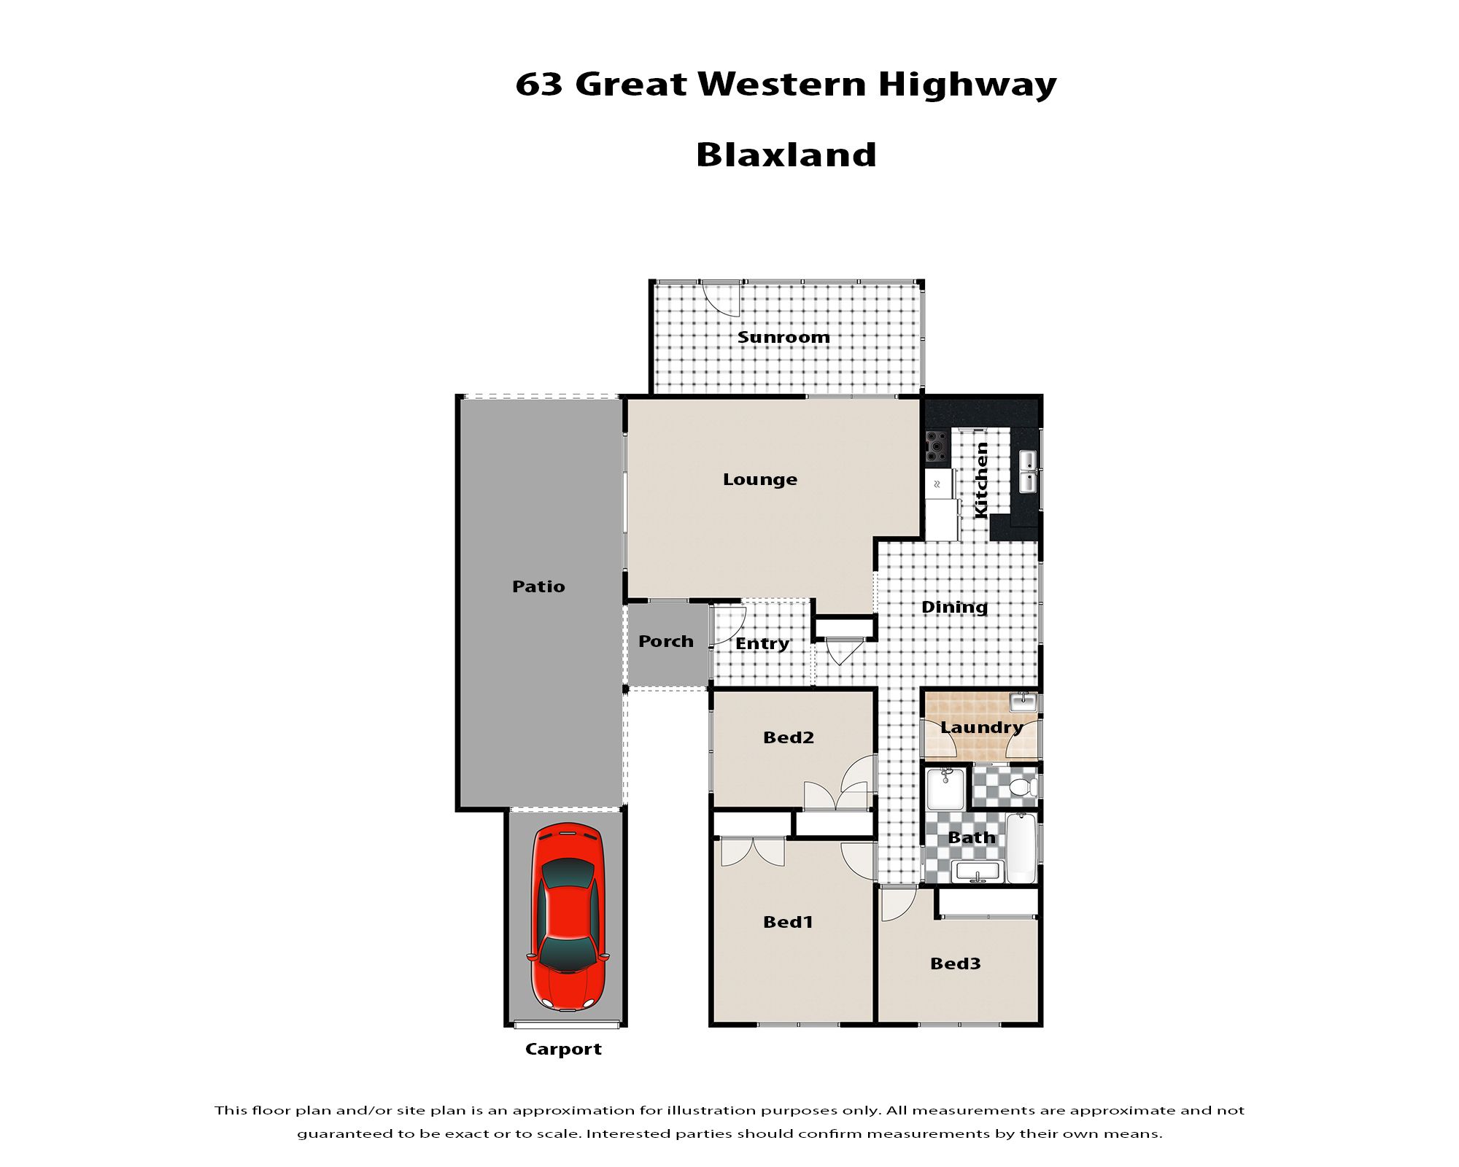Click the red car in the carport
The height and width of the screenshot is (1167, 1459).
pyautogui.click(x=568, y=917)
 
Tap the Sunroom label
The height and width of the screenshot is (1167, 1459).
pyautogui.click(x=783, y=337)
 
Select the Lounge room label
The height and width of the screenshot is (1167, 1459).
pyautogui.click(x=760, y=479)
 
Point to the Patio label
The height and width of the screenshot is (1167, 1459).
pyautogui.click(x=538, y=586)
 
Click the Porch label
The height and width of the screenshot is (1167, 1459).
pyautogui.click(x=666, y=641)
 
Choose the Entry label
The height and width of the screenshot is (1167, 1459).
pyautogui.click(x=762, y=644)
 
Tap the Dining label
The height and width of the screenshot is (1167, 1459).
pyautogui.click(x=954, y=608)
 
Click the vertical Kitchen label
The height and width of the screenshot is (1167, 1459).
pyautogui.click(x=982, y=481)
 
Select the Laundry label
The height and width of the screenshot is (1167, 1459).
pyautogui.click(x=981, y=728)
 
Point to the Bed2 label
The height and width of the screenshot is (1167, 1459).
pyautogui.click(x=789, y=737)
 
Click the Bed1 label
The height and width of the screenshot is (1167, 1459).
pyautogui.click(x=788, y=922)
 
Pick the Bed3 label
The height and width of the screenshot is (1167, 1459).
pyautogui.click(x=956, y=964)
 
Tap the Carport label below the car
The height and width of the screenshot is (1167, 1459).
pyautogui.click(x=563, y=1050)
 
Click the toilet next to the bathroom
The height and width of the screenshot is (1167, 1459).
pyautogui.click(x=1023, y=788)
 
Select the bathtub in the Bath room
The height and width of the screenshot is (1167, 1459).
pyautogui.click(x=1021, y=848)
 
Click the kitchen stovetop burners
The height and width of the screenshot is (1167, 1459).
pyautogui.click(x=937, y=447)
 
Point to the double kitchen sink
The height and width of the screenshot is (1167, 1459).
pyautogui.click(x=1027, y=471)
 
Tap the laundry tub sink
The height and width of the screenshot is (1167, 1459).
pyautogui.click(x=1023, y=702)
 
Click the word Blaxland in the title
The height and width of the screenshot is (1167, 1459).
pyautogui.click(x=786, y=155)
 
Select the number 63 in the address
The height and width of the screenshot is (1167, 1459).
pyautogui.click(x=539, y=85)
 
